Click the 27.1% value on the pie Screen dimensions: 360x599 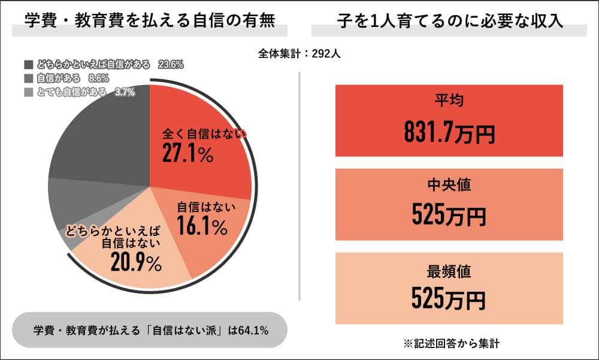187,154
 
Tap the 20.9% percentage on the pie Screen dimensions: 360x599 136,262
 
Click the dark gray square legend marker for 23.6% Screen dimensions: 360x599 29,64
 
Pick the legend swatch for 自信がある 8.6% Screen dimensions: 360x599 29,78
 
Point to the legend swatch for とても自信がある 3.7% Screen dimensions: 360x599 29,92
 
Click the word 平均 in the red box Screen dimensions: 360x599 449,101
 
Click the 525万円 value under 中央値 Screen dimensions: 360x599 449,214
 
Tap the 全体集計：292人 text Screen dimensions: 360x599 299,53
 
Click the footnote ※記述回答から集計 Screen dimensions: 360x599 449,344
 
